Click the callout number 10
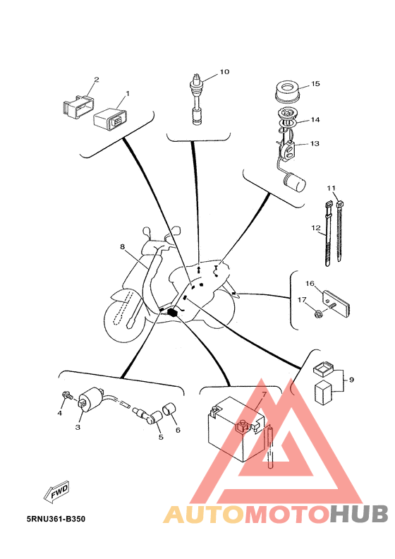click(x=224, y=72)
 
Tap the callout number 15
click(x=315, y=84)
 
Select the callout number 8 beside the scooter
click(x=123, y=247)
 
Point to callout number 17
click(x=302, y=300)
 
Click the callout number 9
click(x=351, y=380)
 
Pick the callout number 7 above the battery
click(x=264, y=395)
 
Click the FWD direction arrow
click(x=56, y=493)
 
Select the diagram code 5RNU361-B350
click(x=56, y=519)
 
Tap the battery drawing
click(x=236, y=429)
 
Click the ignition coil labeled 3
click(x=91, y=399)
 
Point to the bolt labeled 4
click(x=67, y=395)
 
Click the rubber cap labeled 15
click(x=286, y=90)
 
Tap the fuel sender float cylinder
click(x=295, y=182)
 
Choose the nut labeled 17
click(x=319, y=314)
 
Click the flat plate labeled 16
click(x=337, y=303)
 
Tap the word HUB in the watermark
click(x=358, y=515)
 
